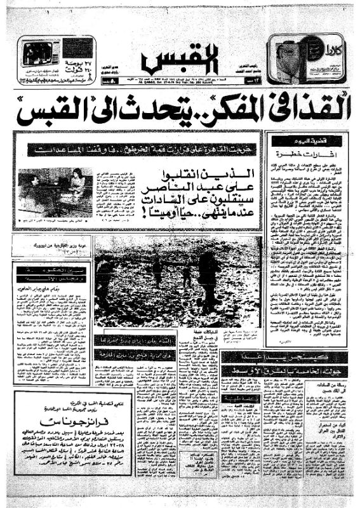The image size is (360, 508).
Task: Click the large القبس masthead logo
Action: click(x=180, y=61)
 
